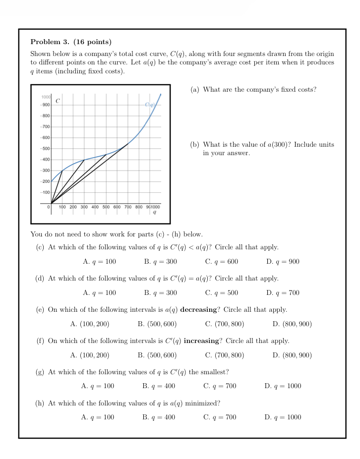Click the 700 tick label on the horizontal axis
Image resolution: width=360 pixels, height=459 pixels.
tap(128, 207)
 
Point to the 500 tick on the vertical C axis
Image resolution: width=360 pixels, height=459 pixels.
tap(46, 149)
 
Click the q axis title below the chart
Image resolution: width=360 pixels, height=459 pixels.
tap(154, 212)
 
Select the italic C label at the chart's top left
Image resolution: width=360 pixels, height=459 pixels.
tap(58, 101)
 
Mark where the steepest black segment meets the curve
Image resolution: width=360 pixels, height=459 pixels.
tap(62, 171)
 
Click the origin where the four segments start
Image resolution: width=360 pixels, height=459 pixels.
tap(51, 203)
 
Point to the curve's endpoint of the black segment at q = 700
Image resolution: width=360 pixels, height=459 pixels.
tap(128, 143)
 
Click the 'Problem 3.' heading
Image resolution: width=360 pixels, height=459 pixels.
tap(50, 42)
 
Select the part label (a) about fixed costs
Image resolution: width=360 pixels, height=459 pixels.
tap(194, 90)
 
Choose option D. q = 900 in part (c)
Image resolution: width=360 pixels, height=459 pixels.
tap(283, 262)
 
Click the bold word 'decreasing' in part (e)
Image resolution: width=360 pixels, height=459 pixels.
tap(198, 310)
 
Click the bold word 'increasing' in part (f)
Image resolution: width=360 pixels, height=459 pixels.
tap(201, 341)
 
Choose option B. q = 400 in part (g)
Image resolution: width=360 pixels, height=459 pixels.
tap(159, 386)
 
